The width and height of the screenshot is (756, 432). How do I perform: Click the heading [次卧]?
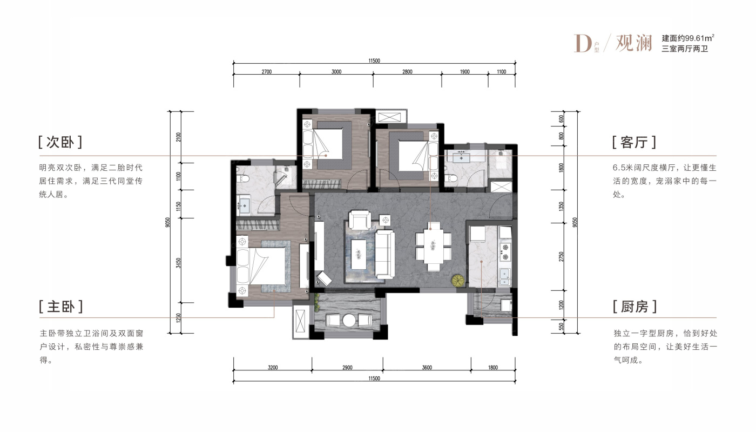tap(60, 142)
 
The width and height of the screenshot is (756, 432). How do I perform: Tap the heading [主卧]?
tap(60, 307)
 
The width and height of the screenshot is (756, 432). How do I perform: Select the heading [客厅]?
tap(634, 142)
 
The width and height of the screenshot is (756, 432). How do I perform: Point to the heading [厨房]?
tap(635, 307)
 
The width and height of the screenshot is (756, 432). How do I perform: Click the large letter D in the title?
tap(583, 44)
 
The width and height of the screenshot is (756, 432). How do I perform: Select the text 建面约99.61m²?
tap(688, 38)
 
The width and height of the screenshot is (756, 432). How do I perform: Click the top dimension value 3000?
tap(336, 72)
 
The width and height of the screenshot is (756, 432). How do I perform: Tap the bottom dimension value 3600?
tap(427, 368)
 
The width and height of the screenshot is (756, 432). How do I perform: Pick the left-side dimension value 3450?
tap(179, 263)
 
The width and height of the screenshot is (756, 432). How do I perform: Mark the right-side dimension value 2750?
tap(561, 257)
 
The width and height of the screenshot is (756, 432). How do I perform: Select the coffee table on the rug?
tap(359, 254)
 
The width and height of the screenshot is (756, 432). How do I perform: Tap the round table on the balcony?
tap(349, 320)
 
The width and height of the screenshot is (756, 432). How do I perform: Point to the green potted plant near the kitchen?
tap(458, 281)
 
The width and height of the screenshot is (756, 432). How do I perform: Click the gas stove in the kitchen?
tap(505, 252)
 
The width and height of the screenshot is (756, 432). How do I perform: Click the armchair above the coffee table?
tap(360, 220)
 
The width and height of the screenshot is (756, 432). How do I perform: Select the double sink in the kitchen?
tap(505, 277)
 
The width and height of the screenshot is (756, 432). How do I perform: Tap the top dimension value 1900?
tap(465, 72)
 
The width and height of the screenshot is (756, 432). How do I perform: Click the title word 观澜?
tap(634, 43)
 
